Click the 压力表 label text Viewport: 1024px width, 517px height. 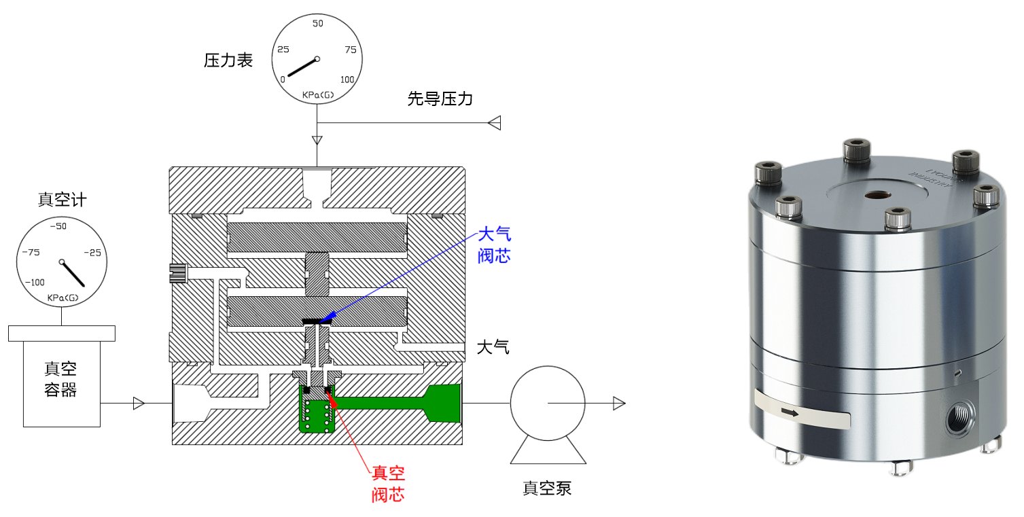pyautogui.click(x=228, y=60)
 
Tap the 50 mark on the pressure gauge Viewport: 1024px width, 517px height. pyautogui.click(x=317, y=24)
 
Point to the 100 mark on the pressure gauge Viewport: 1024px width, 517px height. pyautogui.click(x=347, y=79)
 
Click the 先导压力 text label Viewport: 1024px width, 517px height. pyautogui.click(x=440, y=99)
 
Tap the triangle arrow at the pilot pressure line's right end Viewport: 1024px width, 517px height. pyautogui.click(x=495, y=123)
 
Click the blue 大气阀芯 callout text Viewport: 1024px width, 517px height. pyautogui.click(x=494, y=246)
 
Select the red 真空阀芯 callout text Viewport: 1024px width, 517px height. pyautogui.click(x=388, y=482)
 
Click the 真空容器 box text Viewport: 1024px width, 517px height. pyautogui.click(x=60, y=380)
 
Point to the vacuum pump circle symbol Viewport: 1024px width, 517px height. pyautogui.click(x=547, y=403)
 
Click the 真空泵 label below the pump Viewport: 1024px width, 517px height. pyautogui.click(x=547, y=488)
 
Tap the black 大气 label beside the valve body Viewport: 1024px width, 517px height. pyautogui.click(x=493, y=349)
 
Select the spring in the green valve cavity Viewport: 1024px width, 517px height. pyautogui.click(x=317, y=415)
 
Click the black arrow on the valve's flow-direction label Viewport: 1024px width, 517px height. pyautogui.click(x=790, y=412)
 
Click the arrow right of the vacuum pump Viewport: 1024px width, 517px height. pyautogui.click(x=618, y=404)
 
